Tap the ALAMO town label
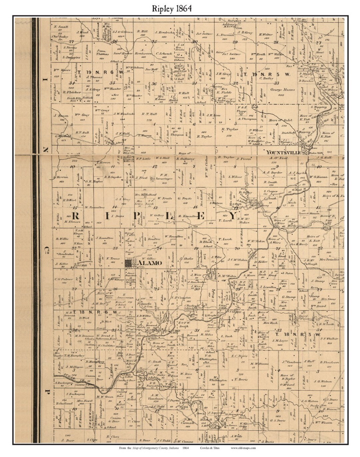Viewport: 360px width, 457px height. [x=149, y=263]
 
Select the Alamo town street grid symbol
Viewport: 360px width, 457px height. [x=129, y=263]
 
